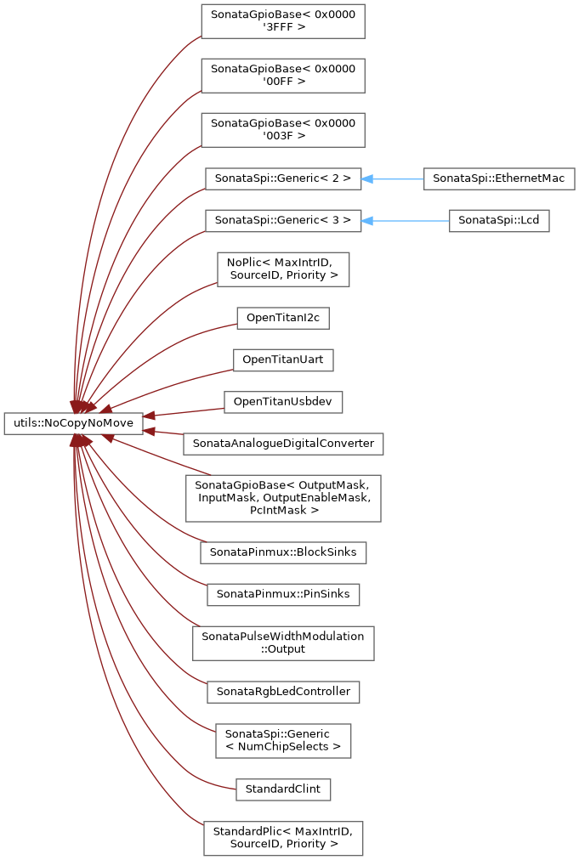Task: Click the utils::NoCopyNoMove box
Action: tap(73, 423)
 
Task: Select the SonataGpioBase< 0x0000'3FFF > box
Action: tap(283, 21)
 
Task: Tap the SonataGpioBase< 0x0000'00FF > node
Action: tap(283, 76)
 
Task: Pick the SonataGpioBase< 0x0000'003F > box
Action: tap(283, 130)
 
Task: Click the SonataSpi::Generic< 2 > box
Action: tap(283, 178)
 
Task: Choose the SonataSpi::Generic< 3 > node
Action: tap(283, 220)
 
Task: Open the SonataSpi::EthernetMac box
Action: tap(499, 178)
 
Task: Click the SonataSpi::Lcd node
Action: tap(499, 220)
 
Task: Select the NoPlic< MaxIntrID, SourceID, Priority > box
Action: tap(283, 269)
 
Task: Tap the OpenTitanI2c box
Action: tap(283, 318)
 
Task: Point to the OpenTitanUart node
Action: tap(283, 359)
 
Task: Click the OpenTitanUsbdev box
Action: tap(283, 402)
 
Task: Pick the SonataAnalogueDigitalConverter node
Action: tap(283, 444)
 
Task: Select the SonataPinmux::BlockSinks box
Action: tap(283, 552)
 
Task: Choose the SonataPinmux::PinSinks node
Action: tap(283, 595)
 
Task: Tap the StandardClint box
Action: tap(283, 789)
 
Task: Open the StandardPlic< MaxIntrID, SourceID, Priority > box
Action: tap(283, 838)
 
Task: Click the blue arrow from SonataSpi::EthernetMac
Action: tap(393, 178)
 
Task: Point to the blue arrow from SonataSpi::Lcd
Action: tap(405, 220)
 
